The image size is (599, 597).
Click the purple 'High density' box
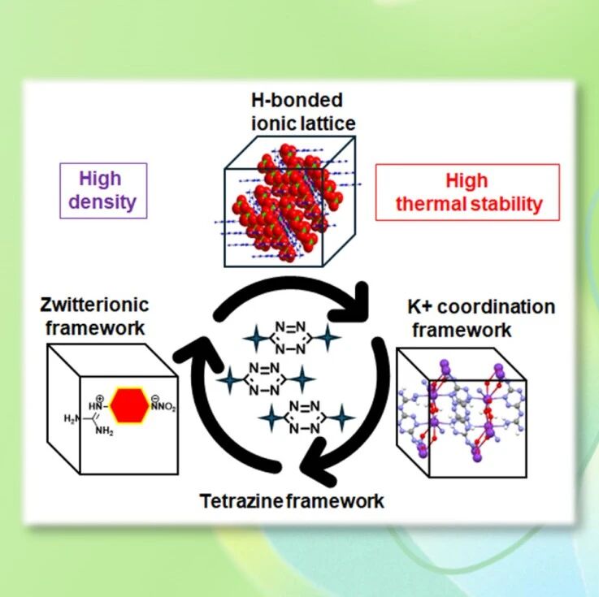[103, 191]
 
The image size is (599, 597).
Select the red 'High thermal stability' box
[467, 192]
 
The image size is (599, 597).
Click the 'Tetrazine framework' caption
[292, 501]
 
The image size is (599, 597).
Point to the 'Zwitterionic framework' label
[94, 316]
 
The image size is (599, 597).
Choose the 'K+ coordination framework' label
[481, 318]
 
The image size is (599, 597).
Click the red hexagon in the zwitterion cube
[130, 405]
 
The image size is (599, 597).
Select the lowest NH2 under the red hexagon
[104, 431]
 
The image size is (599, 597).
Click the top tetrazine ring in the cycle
[290, 338]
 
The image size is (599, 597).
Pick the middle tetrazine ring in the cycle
[264, 379]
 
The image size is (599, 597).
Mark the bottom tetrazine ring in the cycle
[305, 417]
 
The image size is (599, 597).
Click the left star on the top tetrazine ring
[256, 338]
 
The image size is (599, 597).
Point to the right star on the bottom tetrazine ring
[341, 417]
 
